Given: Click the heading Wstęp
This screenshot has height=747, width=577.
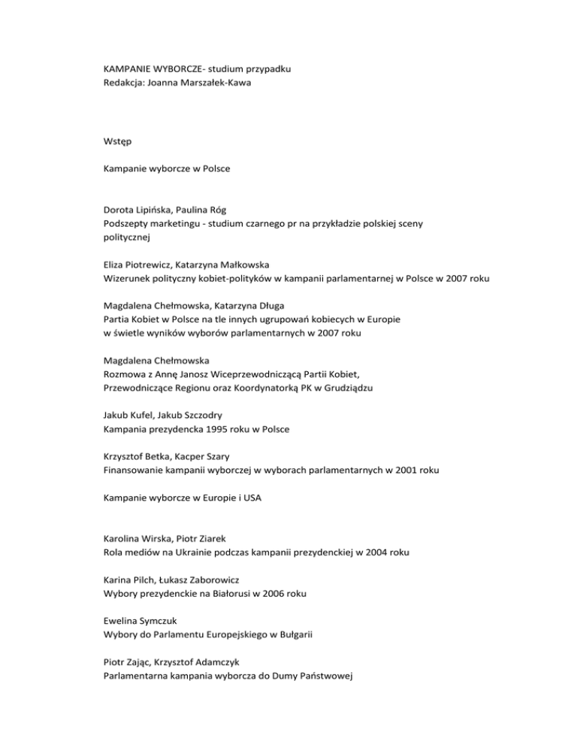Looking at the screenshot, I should [119, 140].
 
